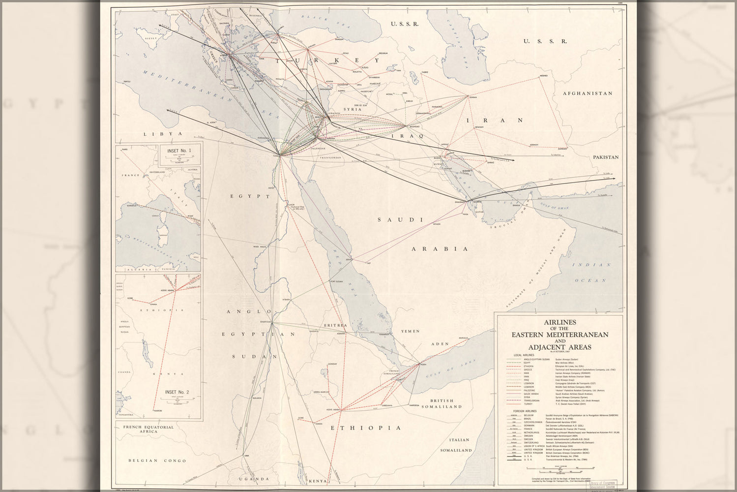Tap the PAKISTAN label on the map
pos(605,157)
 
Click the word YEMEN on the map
pos(411,332)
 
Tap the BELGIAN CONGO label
pos(150,461)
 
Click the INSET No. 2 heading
pos(177,392)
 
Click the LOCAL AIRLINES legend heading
pos(524,355)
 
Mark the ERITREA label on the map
pos(335,325)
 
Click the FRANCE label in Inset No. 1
pos(132,175)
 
